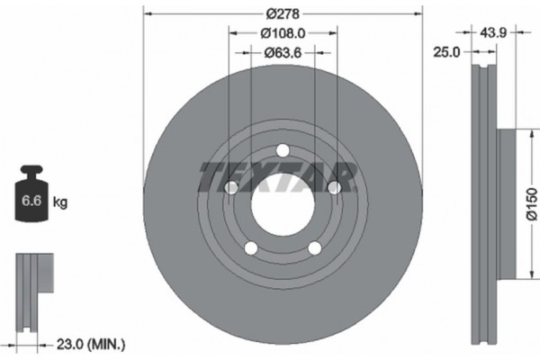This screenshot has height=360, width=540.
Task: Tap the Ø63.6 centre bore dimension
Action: point(283,53)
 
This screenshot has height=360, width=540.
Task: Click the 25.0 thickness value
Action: point(446,53)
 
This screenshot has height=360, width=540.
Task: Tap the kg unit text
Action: point(61,203)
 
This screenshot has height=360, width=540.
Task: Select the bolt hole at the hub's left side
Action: point(231,187)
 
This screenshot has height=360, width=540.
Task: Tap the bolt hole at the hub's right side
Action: point(334,187)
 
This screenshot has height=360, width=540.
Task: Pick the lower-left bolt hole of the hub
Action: point(251,247)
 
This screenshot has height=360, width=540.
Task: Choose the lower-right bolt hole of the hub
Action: point(314,247)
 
